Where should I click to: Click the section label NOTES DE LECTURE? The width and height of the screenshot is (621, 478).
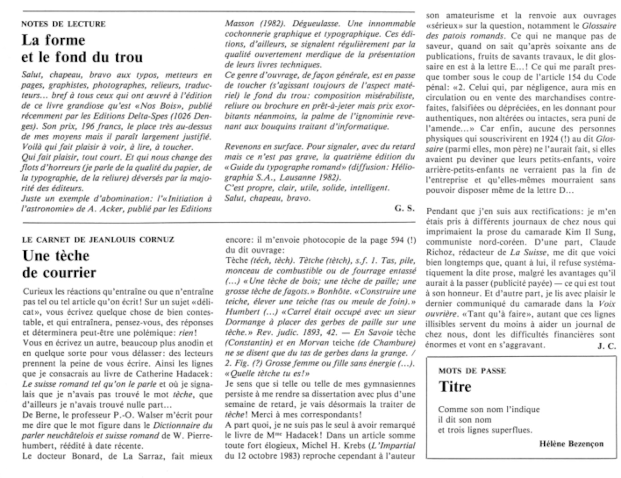[64, 24]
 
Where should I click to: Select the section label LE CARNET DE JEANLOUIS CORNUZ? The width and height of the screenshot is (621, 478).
[98, 240]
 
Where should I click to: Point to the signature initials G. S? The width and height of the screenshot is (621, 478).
[404, 208]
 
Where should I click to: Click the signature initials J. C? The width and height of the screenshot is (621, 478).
[606, 346]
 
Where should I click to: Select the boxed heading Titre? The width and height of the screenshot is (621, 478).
[455, 387]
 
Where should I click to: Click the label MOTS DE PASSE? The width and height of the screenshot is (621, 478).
[472, 371]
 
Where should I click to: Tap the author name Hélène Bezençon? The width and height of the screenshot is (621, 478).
[571, 444]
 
